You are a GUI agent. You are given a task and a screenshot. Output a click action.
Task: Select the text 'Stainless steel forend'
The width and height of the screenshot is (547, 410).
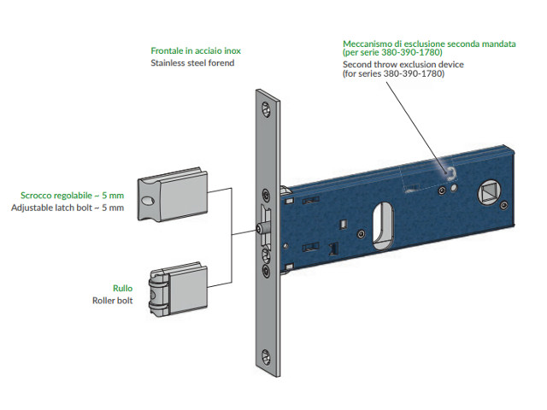(192, 63)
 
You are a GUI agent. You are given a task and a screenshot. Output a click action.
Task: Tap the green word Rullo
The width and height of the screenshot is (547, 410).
(123, 289)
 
